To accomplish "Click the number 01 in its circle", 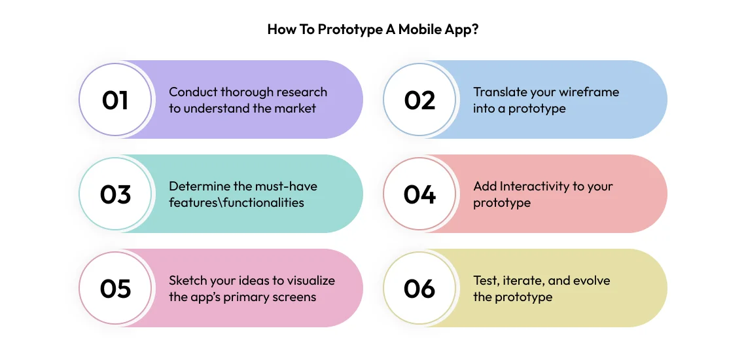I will click(115, 100).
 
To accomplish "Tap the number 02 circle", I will click(419, 100).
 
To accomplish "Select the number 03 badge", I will click(115, 194).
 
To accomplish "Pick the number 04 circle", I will click(419, 194).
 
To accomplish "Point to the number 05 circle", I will click(115, 289).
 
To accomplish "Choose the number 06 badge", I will click(419, 289).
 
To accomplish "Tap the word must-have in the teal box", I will click(285, 187).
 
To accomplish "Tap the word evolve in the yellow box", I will click(591, 281).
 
